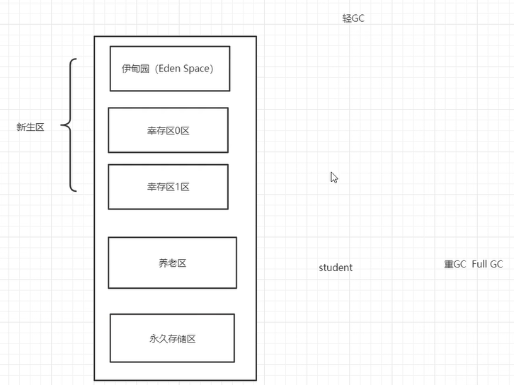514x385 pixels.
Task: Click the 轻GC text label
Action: pyautogui.click(x=353, y=18)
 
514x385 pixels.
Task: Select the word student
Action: pyautogui.click(x=336, y=268)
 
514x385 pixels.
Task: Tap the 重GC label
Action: pyautogui.click(x=455, y=264)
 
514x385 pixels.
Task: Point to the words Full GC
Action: pyautogui.click(x=487, y=264)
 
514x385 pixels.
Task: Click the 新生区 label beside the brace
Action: pyautogui.click(x=30, y=127)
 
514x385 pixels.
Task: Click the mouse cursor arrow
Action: pyautogui.click(x=334, y=178)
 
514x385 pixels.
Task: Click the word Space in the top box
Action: pyautogui.click(x=196, y=69)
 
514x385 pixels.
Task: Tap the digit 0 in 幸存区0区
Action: pyautogui.click(x=177, y=131)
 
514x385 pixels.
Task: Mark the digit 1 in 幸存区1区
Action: pyautogui.click(x=177, y=187)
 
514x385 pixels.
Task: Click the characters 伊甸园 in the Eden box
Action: pyautogui.click(x=136, y=69)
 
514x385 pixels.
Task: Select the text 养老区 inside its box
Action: pyautogui.click(x=173, y=263)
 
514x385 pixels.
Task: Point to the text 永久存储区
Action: pyautogui.click(x=173, y=338)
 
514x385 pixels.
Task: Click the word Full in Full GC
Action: pyautogui.click(x=479, y=264)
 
